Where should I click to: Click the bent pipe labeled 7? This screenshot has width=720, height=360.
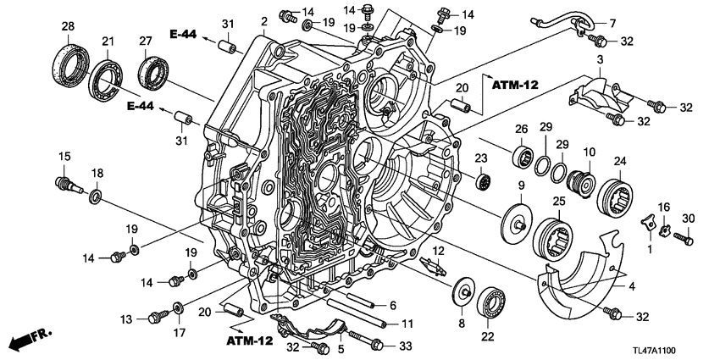(x=551, y=20)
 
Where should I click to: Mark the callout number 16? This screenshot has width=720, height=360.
(x=664, y=207)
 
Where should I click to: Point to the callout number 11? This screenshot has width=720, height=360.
(x=407, y=324)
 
